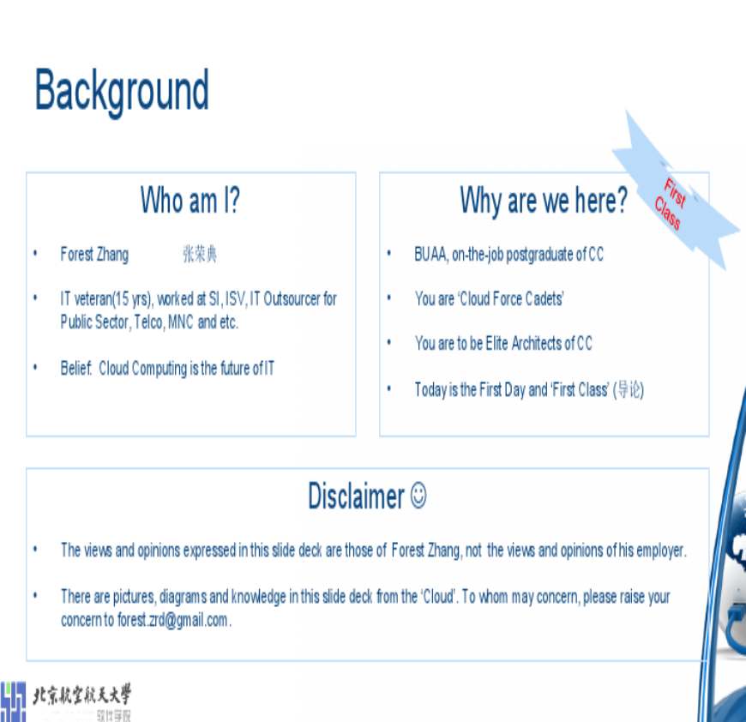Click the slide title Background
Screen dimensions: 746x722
[122, 91]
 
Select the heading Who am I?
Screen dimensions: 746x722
[190, 201]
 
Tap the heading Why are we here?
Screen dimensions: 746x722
[544, 201]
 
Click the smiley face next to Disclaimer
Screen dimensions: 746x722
[418, 496]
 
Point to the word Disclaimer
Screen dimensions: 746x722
[356, 496]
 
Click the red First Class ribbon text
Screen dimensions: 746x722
[671, 204]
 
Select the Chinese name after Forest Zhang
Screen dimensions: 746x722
[200, 255]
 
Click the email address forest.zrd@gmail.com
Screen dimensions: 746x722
[172, 620]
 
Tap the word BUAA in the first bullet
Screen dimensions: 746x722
[430, 255]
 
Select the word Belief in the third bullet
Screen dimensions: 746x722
[75, 369]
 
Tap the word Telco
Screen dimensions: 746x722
[148, 322]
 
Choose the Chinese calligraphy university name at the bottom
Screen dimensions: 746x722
[81, 695]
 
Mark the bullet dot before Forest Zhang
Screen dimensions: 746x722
[35, 254]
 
